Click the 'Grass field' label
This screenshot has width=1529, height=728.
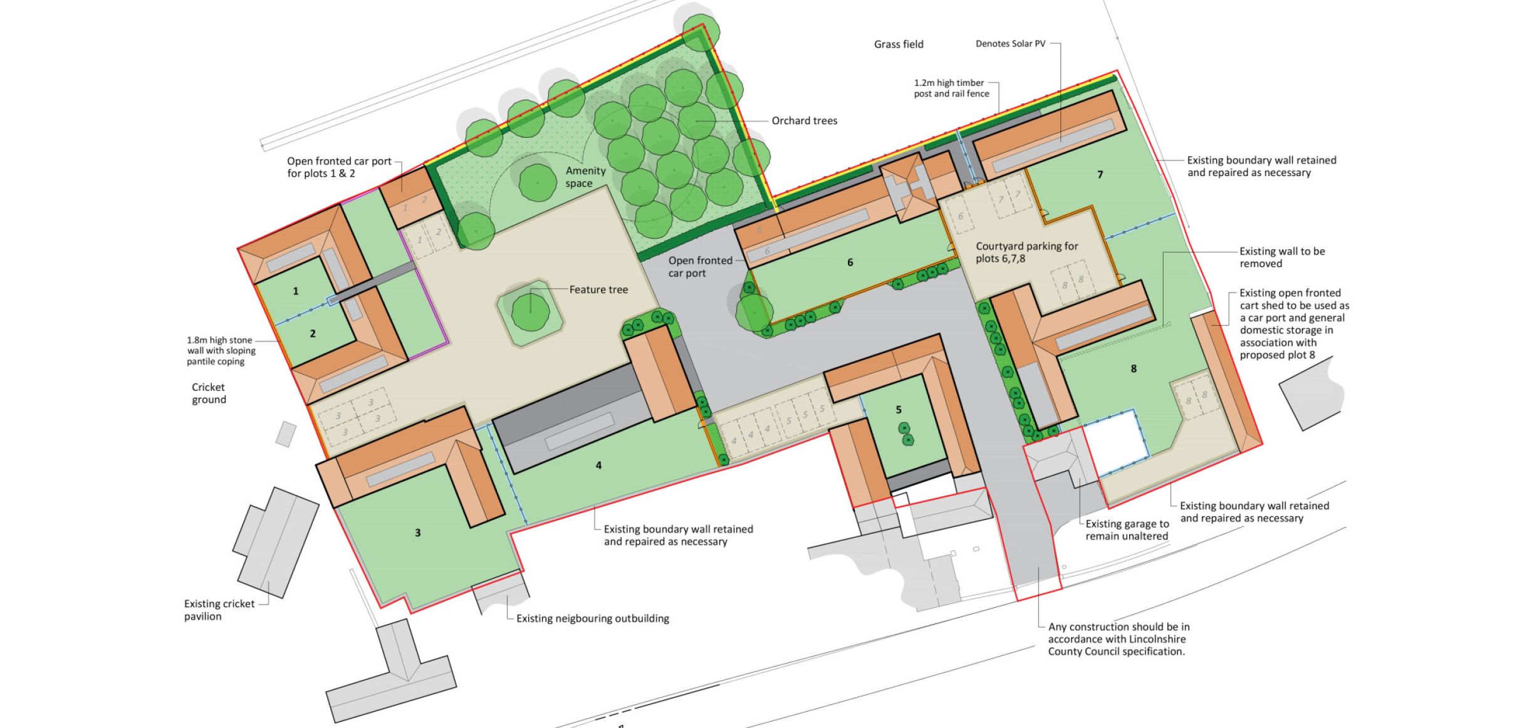[x=899, y=44]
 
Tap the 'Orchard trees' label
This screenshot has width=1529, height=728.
[x=804, y=121]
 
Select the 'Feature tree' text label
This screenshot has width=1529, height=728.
[x=598, y=289]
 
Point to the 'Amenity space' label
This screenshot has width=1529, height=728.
[x=585, y=177]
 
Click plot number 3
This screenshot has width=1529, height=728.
[x=418, y=533]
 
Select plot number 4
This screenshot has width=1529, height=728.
[x=598, y=465]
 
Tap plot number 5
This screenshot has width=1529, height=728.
[x=899, y=410]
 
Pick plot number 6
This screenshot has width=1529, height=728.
[x=850, y=263]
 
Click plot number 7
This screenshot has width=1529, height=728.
[x=1100, y=175]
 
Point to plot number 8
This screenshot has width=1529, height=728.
[x=1134, y=369]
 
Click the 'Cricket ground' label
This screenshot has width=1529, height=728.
[x=209, y=393]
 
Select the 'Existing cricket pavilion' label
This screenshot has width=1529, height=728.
[x=219, y=610]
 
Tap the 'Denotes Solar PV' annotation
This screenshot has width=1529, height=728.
[x=1010, y=44]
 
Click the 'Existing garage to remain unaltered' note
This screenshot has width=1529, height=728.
[x=1127, y=530]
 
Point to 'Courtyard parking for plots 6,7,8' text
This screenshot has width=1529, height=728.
[x=1027, y=252]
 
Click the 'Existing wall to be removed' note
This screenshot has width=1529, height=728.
[x=1282, y=257]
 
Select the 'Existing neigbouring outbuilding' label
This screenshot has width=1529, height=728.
[x=593, y=619]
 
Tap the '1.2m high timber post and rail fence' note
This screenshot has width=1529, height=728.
[x=951, y=88]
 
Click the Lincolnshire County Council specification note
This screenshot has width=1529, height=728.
[x=1119, y=639]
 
